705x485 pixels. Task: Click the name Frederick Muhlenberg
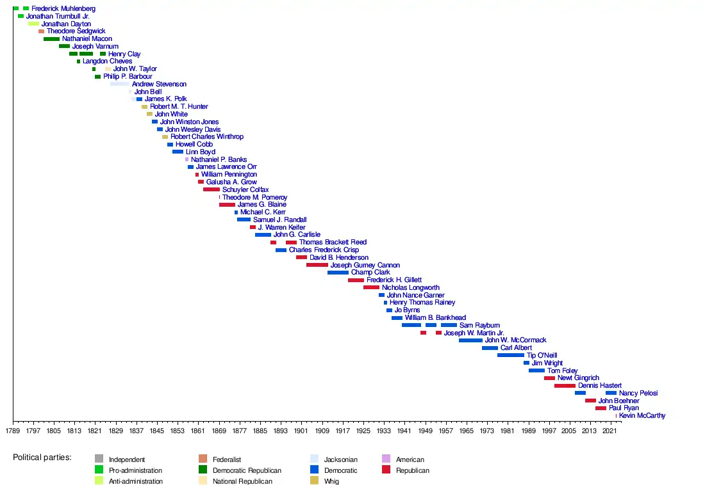point(63,8)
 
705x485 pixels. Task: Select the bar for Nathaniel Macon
point(51,39)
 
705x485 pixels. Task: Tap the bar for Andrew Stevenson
point(120,84)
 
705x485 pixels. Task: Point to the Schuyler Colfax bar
point(211,189)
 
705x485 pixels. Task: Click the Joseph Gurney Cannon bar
point(317,265)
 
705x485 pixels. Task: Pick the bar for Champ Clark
point(338,273)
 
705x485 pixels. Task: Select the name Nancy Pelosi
point(638,393)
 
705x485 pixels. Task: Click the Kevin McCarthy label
point(642,416)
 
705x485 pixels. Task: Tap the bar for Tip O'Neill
point(510,355)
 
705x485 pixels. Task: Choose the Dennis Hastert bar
point(565,386)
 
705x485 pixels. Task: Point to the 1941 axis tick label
point(404,432)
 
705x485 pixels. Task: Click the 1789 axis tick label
point(13,432)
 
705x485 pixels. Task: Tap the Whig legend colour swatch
point(314,481)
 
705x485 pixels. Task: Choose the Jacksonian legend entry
point(340,459)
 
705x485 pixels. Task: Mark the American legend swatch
point(386,459)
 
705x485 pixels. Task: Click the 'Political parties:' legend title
point(42,458)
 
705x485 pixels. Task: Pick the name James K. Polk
point(165,99)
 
